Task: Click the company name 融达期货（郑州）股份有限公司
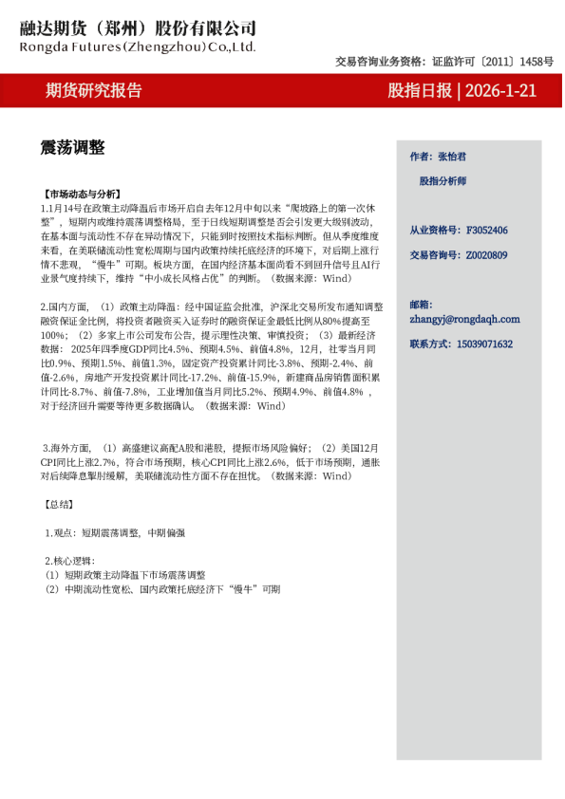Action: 138,28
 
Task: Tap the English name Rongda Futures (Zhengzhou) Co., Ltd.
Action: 138,46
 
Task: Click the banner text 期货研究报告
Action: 94,91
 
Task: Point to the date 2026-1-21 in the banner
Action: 500,91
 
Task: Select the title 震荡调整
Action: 72,147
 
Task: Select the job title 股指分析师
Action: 443,180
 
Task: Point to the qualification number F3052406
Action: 486,231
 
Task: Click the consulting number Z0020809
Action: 486,255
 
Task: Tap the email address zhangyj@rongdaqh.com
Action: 464,320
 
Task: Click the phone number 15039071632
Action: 485,344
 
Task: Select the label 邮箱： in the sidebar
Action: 421,304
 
